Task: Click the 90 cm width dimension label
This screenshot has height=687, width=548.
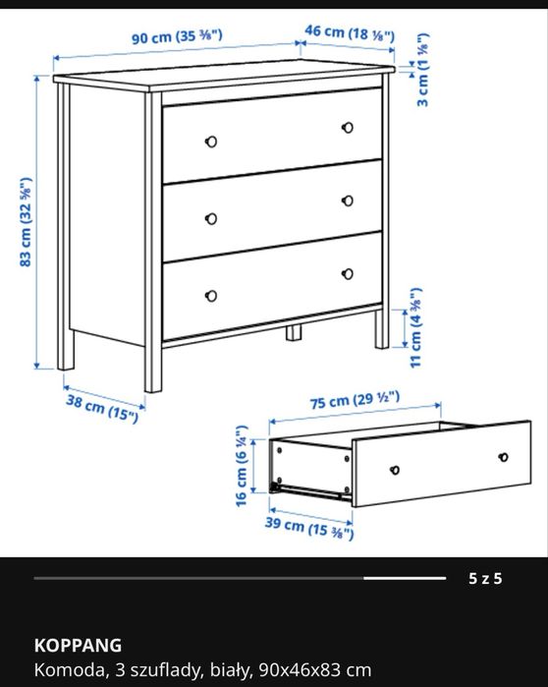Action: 177,36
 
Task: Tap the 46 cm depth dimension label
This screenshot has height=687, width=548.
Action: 350,32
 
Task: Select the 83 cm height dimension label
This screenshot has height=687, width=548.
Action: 26,222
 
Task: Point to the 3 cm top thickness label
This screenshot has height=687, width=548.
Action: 422,70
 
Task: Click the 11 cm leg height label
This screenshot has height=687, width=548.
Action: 415,327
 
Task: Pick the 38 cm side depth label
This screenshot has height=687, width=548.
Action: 102,408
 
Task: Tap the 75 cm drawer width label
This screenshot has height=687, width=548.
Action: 355,400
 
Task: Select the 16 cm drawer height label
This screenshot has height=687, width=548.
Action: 242,466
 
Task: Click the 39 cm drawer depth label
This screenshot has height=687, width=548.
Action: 309,528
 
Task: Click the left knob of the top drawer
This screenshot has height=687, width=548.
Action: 211,142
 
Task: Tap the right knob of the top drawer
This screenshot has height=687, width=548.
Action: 348,128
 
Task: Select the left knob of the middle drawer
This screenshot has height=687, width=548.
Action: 211,218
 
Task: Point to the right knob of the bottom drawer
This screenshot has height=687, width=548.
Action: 348,274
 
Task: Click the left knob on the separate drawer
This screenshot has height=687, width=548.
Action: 395,470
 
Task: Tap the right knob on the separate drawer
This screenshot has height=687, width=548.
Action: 504,457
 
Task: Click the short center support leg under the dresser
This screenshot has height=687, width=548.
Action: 294,332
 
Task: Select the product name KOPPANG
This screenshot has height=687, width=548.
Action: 78,646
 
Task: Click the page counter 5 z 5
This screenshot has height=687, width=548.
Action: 485,578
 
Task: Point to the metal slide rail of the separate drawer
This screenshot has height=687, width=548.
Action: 309,491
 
